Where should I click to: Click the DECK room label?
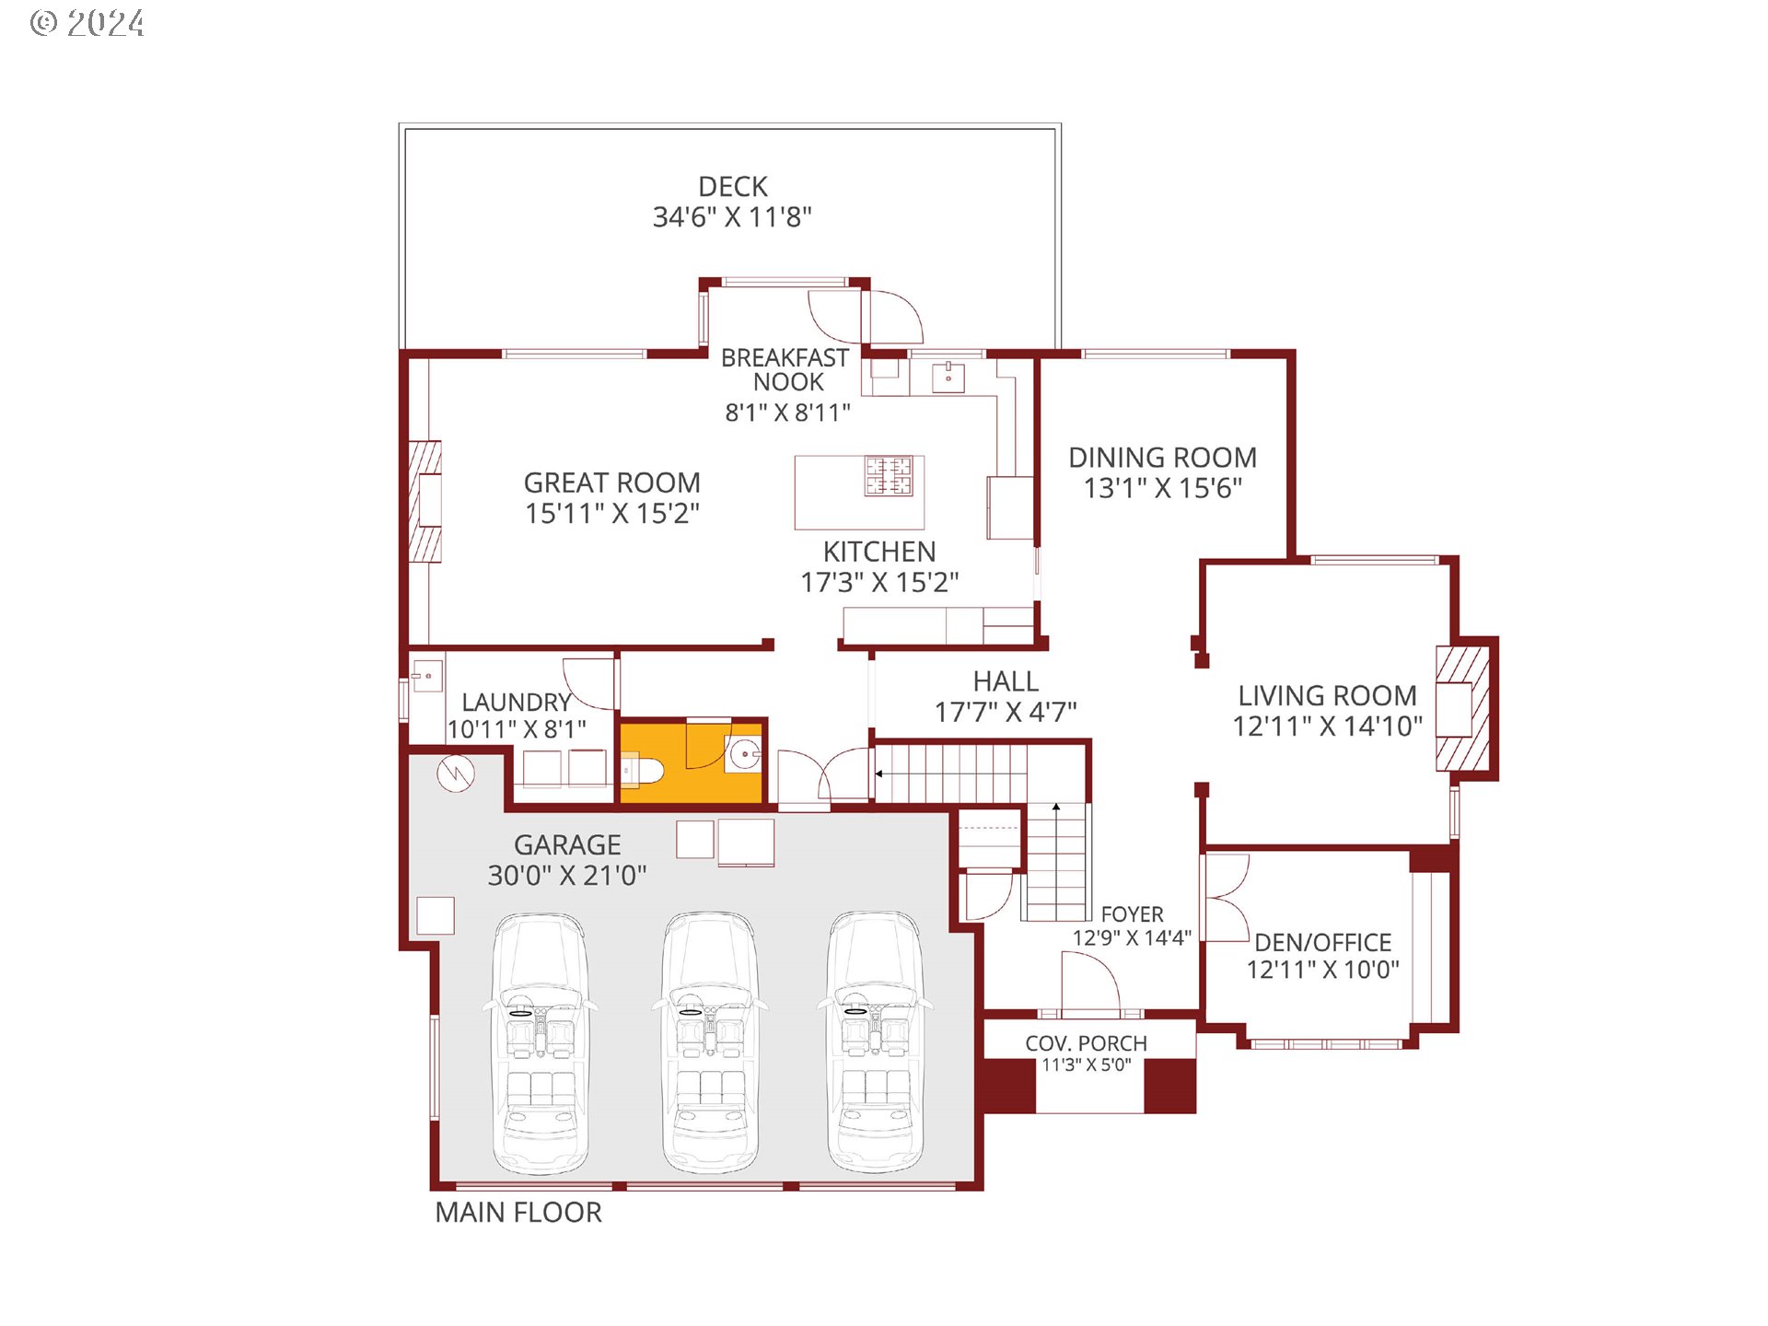click(x=732, y=187)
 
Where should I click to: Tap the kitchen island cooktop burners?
click(x=888, y=476)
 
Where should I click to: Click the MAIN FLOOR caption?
click(x=518, y=1213)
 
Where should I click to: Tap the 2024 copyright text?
click(x=88, y=23)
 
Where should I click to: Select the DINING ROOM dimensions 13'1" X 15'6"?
click(x=1163, y=488)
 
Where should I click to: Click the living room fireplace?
click(x=1462, y=709)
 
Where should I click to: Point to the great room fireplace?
click(x=425, y=501)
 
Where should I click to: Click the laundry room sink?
click(x=426, y=677)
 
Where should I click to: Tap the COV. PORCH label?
click(x=1086, y=1043)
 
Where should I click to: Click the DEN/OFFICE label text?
click(x=1322, y=942)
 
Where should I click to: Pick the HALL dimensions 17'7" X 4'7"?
click(x=1005, y=712)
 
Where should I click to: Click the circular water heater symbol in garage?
click(x=456, y=773)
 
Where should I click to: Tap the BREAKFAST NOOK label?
click(x=785, y=369)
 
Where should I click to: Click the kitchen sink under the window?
click(x=948, y=376)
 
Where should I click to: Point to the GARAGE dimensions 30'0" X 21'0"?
click(x=567, y=875)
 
